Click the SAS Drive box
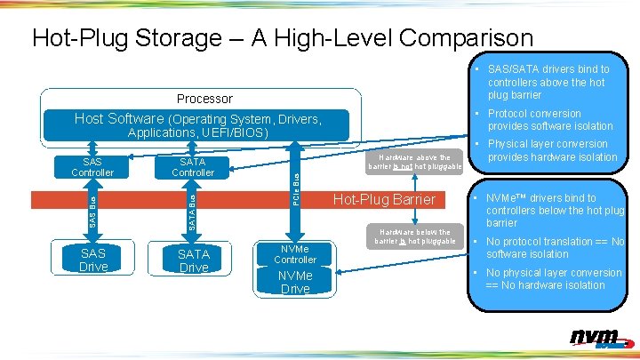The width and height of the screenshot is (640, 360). click(x=93, y=259)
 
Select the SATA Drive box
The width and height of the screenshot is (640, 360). click(x=193, y=260)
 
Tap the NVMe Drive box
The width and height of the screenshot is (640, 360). click(x=295, y=282)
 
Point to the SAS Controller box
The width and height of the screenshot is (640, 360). click(x=92, y=167)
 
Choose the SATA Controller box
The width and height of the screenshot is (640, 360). click(x=193, y=167)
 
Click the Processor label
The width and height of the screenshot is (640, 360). click(x=204, y=99)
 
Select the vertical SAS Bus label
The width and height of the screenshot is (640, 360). click(x=92, y=212)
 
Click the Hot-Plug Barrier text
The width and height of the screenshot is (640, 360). click(x=384, y=199)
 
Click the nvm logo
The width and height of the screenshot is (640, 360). click(x=596, y=338)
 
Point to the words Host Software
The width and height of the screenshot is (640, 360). click(x=119, y=119)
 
